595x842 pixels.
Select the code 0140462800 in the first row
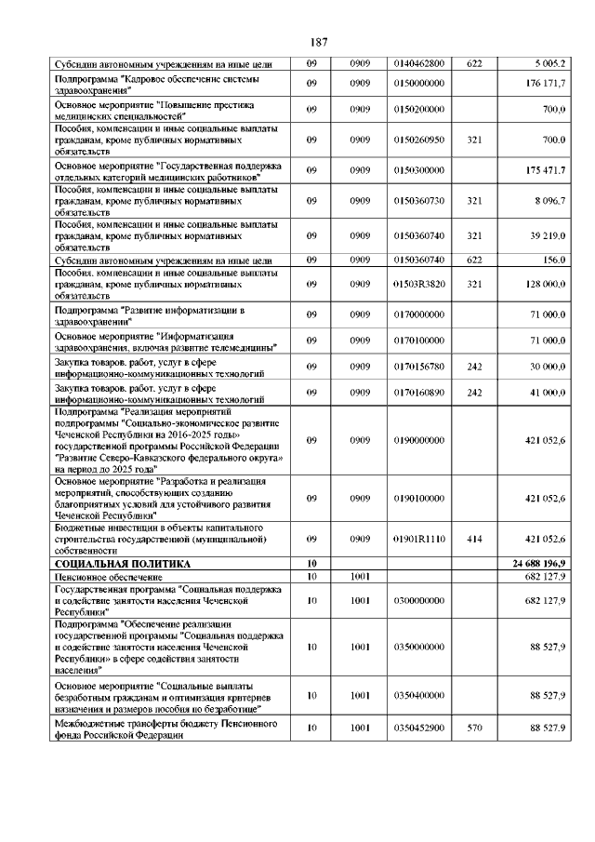[419, 63]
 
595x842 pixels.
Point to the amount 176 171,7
[546, 85]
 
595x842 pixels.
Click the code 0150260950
[419, 140]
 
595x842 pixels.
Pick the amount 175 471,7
[546, 171]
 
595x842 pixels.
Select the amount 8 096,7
[548, 200]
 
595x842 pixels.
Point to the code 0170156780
[419, 367]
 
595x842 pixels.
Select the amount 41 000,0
[548, 393]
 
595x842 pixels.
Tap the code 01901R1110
[419, 538]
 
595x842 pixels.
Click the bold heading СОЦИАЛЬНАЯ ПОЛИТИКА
[123, 564]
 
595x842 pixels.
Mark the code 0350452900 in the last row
[419, 728]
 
